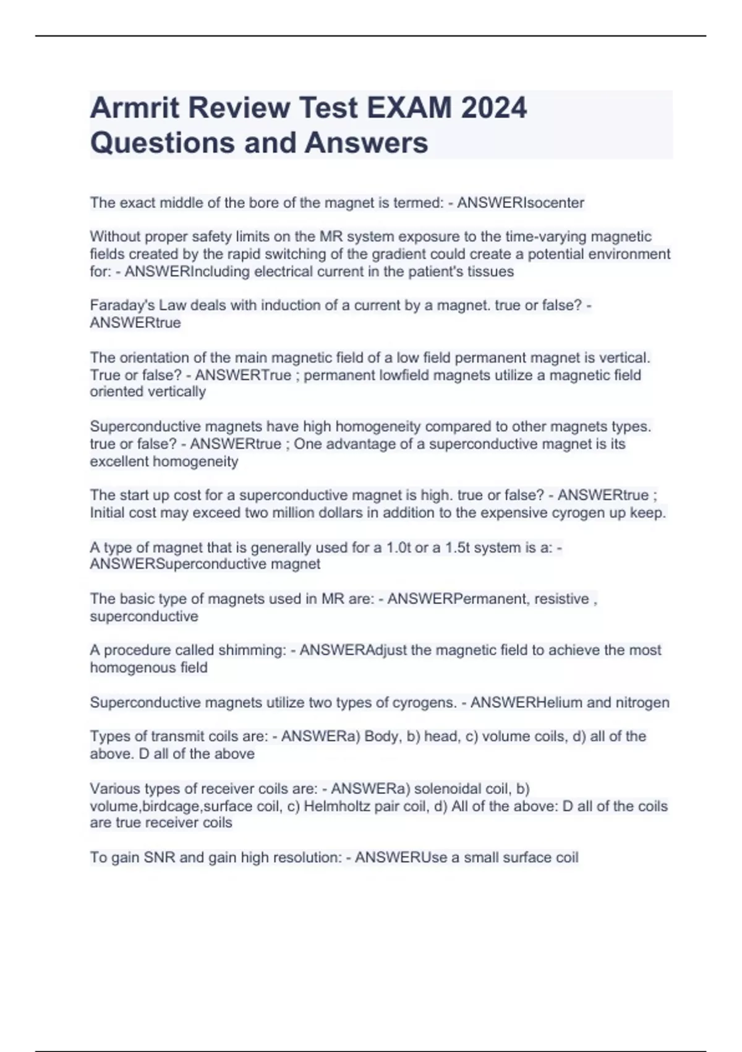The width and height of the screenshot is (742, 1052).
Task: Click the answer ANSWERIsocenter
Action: [x=521, y=203]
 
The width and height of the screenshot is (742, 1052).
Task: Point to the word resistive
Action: [x=561, y=599]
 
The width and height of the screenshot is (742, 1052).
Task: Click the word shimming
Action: [x=248, y=650]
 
